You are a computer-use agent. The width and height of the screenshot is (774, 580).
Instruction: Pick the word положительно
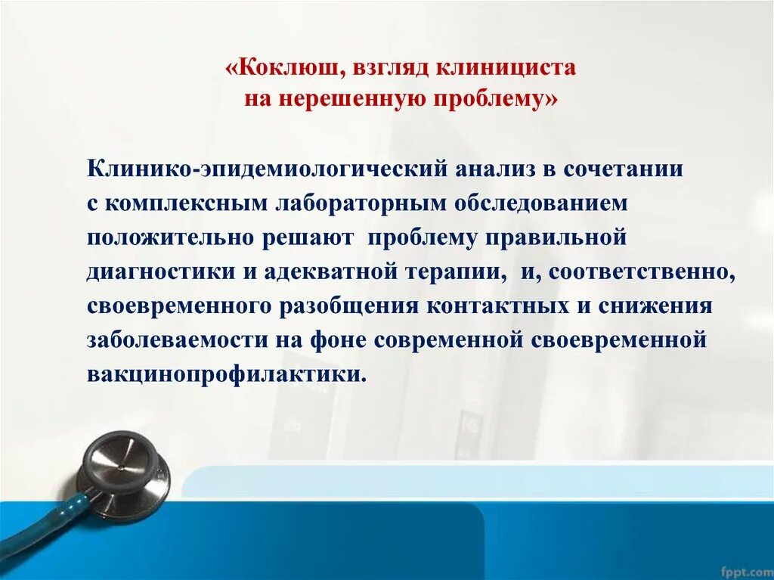click(x=171, y=237)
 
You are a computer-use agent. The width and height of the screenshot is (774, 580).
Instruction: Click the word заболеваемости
click(x=177, y=340)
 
